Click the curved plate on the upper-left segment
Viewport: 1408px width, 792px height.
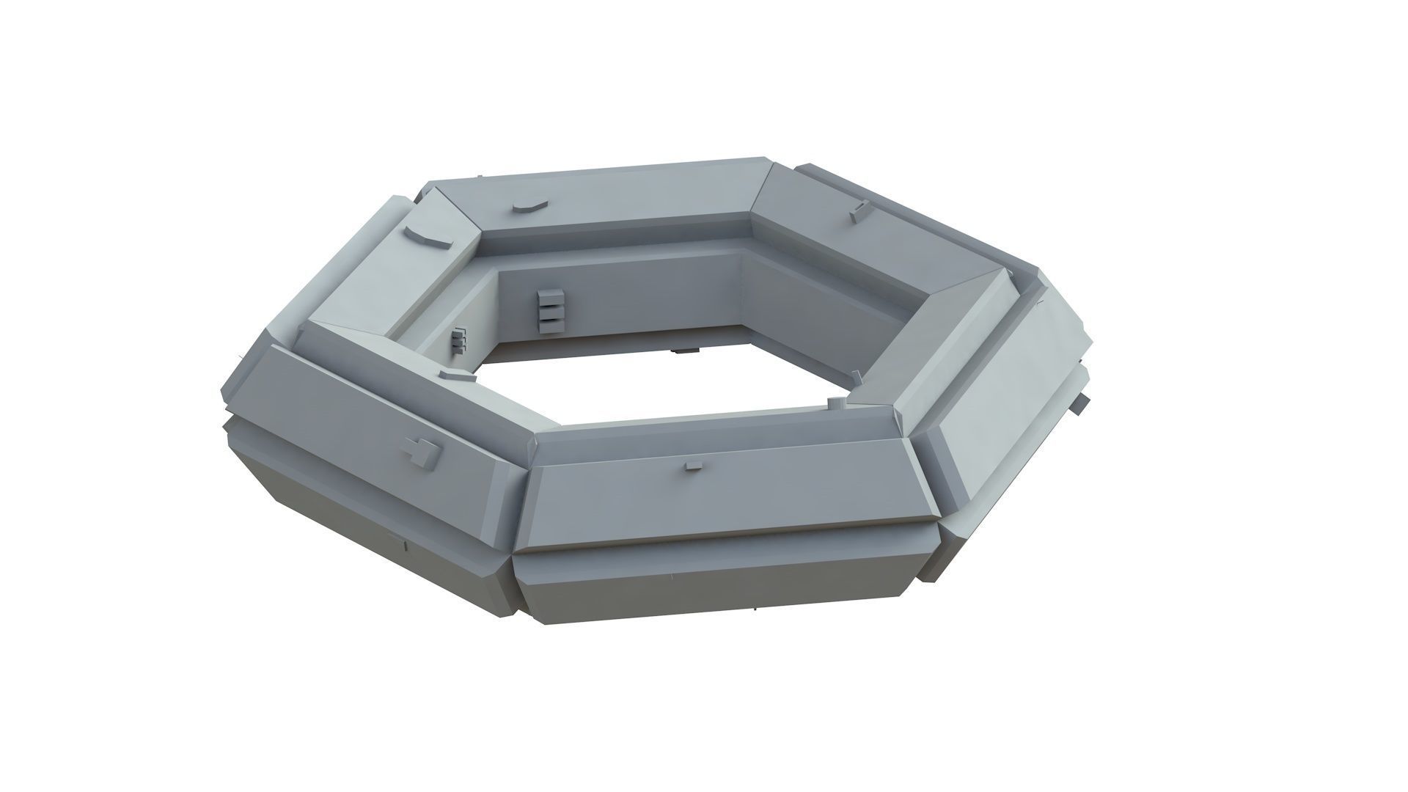[426, 238]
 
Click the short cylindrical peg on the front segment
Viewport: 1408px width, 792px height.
[835, 403]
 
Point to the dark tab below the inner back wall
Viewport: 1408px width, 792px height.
[686, 351]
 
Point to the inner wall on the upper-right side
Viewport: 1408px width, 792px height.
[821, 293]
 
